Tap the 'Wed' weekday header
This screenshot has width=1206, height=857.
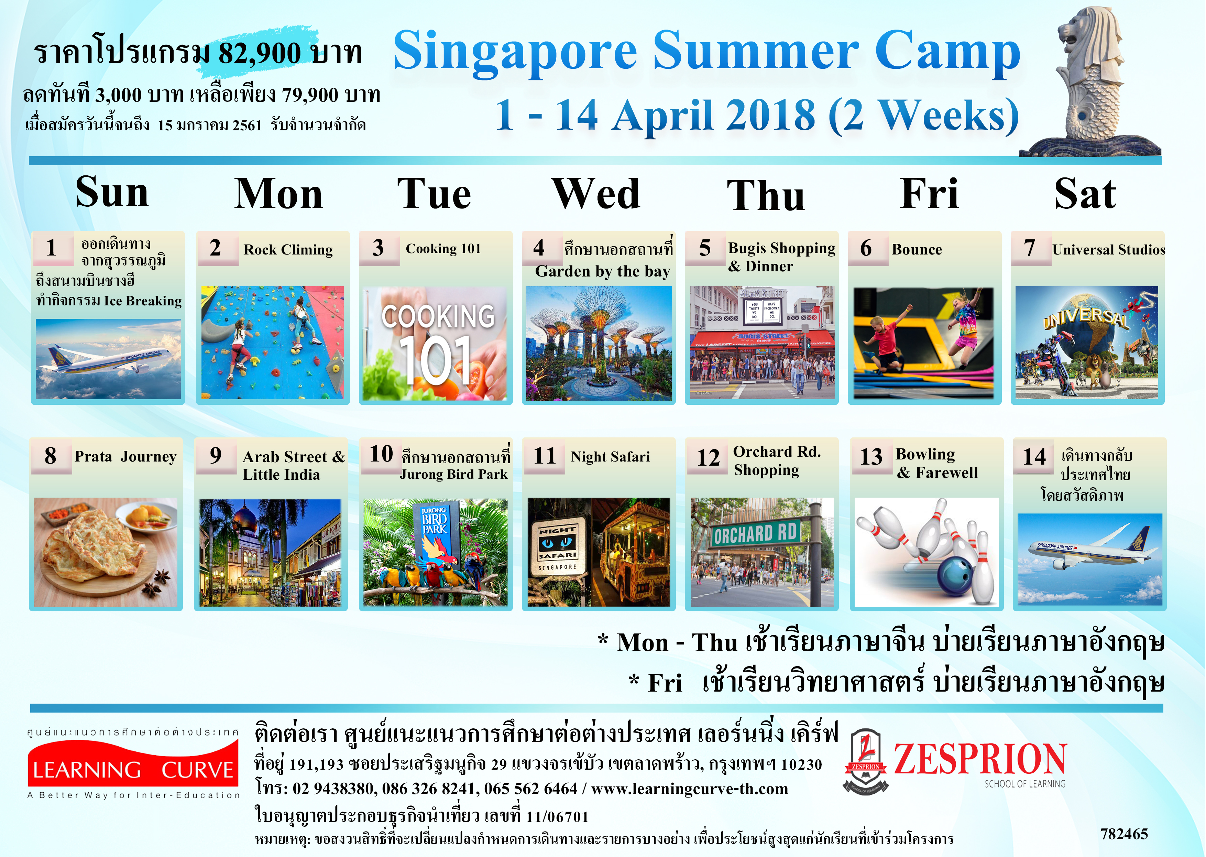pyautogui.click(x=596, y=194)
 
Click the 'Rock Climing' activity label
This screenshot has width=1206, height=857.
pyautogui.click(x=288, y=250)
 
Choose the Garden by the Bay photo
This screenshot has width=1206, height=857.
pyautogui.click(x=599, y=343)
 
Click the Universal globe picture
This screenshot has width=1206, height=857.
pyautogui.click(x=1087, y=343)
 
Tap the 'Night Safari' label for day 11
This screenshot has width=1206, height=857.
pyautogui.click(x=610, y=456)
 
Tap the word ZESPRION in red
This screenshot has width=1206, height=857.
pyautogui.click(x=980, y=759)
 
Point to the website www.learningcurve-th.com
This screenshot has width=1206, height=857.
pyautogui.click(x=690, y=789)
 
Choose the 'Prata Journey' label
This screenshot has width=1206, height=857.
pyautogui.click(x=125, y=456)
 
